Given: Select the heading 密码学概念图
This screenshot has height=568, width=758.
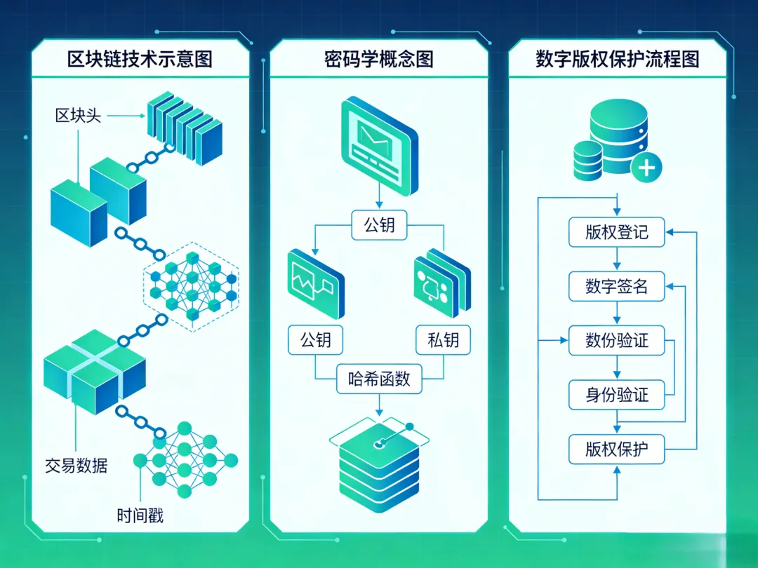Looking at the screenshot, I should (378, 59).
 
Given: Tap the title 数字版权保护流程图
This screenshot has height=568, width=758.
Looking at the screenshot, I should (617, 59).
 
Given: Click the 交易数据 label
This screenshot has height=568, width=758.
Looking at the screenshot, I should (77, 464).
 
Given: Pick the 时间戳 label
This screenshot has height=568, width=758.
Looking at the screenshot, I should (140, 516).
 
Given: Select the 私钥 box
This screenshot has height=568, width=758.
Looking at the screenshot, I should (443, 341).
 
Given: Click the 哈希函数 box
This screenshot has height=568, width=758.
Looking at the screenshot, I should (379, 380).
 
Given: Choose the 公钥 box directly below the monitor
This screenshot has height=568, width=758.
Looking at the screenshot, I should (379, 225).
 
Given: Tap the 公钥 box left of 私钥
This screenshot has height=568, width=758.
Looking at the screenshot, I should (315, 341).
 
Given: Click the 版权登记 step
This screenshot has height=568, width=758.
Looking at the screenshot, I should (616, 232).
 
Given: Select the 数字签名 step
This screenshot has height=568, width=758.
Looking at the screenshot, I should (616, 286).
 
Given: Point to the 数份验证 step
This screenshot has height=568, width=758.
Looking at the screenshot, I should (616, 341).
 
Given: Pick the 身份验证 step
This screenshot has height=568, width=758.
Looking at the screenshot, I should (616, 395).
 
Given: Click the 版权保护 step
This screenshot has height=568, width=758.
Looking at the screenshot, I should (616, 449).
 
